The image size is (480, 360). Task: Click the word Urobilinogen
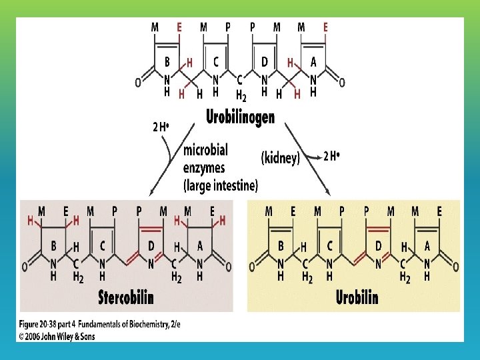(239, 118)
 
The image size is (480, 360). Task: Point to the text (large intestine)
(221, 184)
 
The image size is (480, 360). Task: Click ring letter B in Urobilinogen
(167, 62)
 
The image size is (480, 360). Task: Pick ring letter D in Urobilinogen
(265, 62)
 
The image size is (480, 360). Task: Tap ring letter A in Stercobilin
(199, 246)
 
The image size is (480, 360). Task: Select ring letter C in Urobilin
(328, 246)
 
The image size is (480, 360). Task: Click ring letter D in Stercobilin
(151, 246)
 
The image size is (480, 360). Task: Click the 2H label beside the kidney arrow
(332, 157)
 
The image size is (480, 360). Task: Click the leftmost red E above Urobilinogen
(179, 27)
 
